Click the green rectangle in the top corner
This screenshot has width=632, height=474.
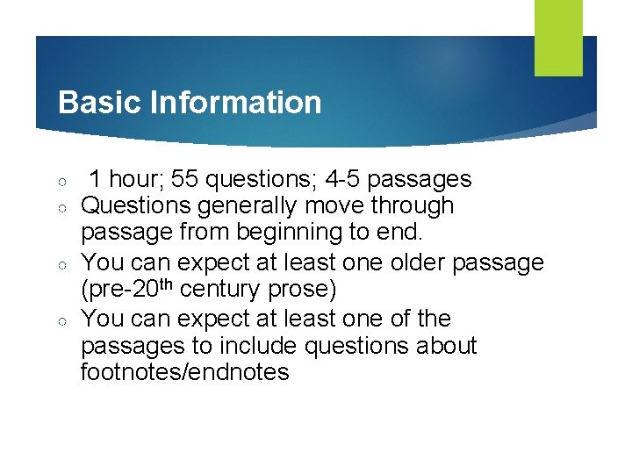558,37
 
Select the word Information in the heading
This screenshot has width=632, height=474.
236,103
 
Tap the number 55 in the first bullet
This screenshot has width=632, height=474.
184,180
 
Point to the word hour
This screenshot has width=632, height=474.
135,180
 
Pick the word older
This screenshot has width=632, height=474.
417,263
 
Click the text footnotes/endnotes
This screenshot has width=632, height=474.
184,372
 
